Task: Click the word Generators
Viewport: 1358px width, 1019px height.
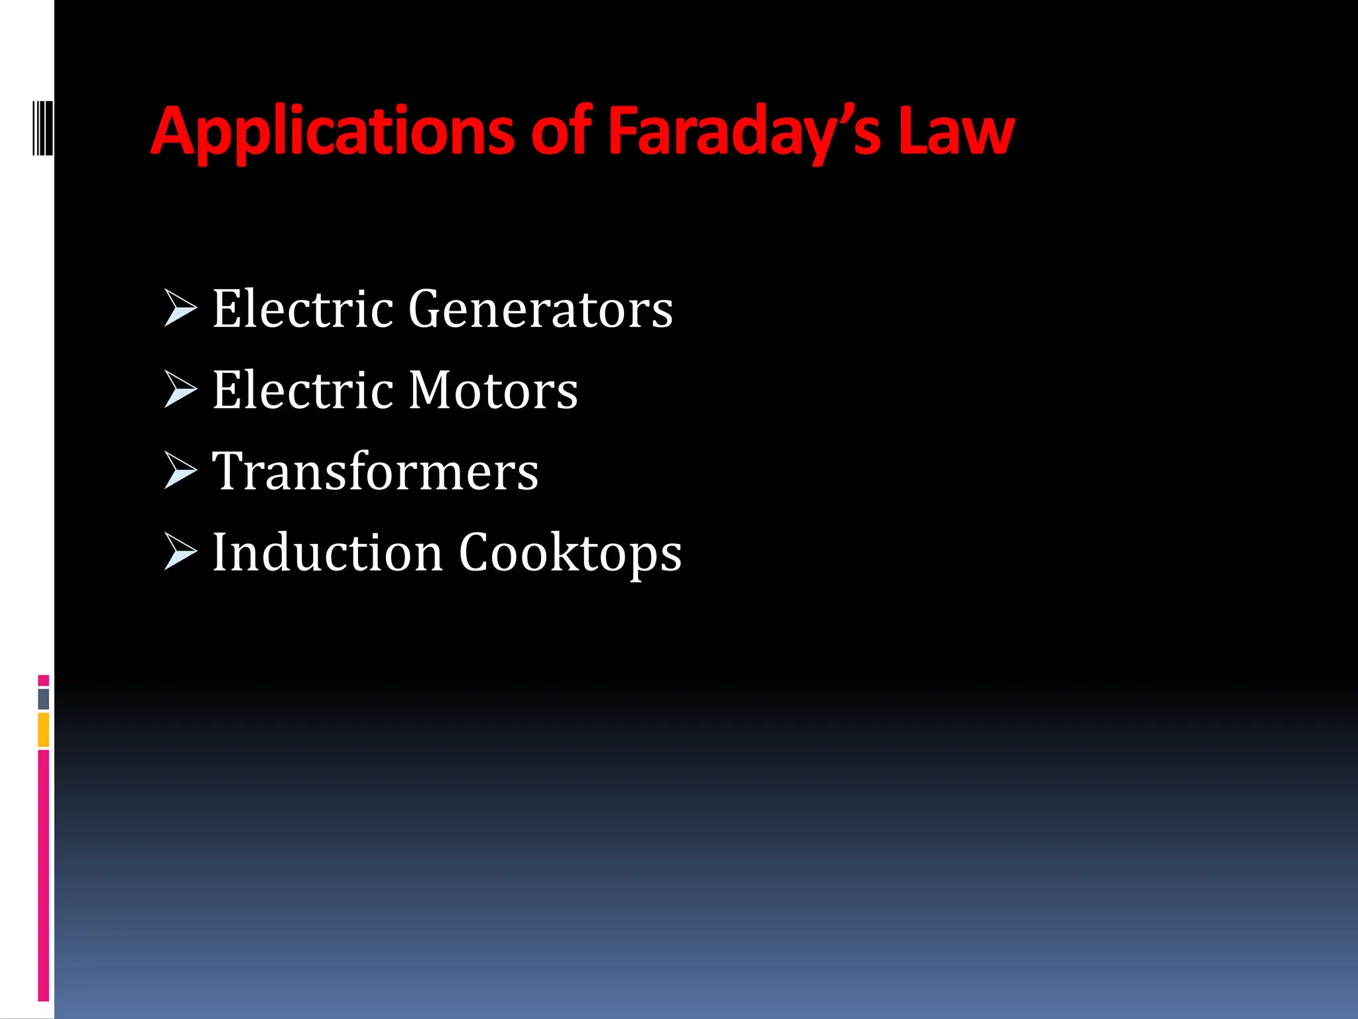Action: [540, 309]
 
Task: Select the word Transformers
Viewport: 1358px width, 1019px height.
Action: [375, 471]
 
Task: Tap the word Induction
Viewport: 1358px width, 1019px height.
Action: [327, 552]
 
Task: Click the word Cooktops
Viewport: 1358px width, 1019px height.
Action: [570, 553]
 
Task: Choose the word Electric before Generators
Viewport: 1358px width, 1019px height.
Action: [302, 309]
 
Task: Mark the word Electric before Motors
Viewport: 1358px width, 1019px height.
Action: [302, 390]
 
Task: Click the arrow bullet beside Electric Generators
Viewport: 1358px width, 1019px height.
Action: [180, 308]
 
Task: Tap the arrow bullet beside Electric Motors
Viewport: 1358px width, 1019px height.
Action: [180, 389]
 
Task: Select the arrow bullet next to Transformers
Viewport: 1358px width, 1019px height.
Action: [180, 470]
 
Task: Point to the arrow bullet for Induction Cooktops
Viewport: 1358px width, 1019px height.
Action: [180, 551]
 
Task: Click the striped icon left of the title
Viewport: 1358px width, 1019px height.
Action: [42, 127]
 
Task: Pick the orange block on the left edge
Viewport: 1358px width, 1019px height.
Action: [44, 730]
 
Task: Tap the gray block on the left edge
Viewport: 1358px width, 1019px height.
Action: [44, 699]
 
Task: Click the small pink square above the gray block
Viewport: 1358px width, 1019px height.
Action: [44, 680]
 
